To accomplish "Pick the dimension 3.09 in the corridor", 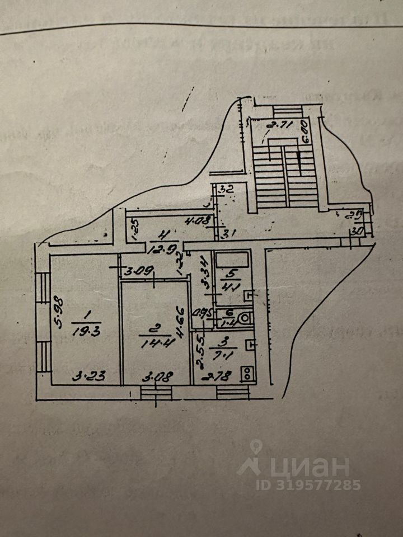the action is [138, 273].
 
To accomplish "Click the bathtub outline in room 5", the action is [233, 260].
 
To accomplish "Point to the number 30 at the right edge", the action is [357, 229].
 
